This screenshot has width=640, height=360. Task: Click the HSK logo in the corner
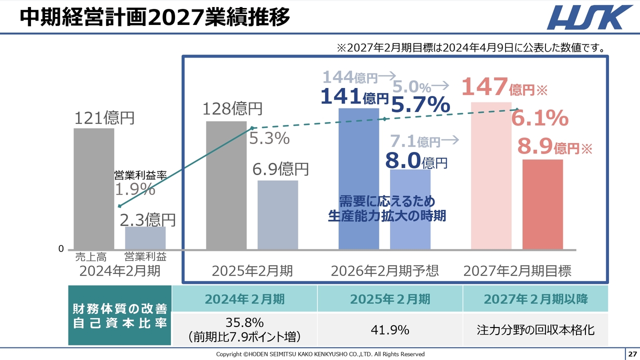[589, 17]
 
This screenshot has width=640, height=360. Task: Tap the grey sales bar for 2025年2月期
[226, 185]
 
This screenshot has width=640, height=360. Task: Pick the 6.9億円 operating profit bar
[277, 214]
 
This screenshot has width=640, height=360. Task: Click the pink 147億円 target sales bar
[491, 175]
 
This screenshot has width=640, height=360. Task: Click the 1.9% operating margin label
[135, 189]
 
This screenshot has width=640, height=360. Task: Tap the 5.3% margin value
[269, 138]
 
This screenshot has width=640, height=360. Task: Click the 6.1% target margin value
[539, 118]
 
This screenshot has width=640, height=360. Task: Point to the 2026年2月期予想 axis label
[384, 271]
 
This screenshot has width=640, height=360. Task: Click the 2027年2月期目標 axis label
[517, 271]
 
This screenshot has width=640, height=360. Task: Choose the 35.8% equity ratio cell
[244, 329]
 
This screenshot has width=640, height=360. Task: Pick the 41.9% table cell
[390, 329]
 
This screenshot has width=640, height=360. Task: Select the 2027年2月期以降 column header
[535, 299]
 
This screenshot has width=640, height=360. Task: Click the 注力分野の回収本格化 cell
[535, 329]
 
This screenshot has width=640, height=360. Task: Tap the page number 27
[632, 354]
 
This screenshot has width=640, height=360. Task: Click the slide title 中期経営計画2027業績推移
[155, 17]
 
